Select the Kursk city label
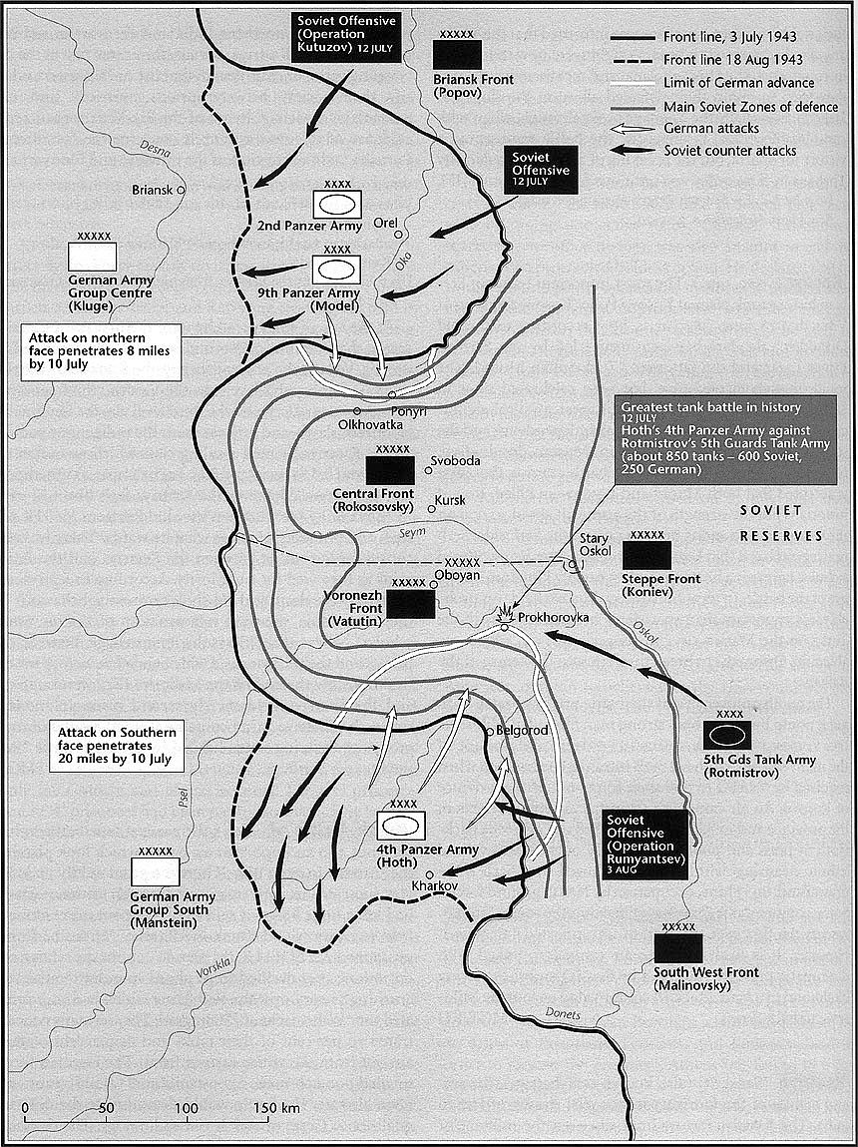click(x=450, y=499)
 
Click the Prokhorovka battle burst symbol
click(x=507, y=614)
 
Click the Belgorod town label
click(x=523, y=731)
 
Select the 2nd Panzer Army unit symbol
click(x=338, y=204)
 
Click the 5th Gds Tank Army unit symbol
click(x=727, y=734)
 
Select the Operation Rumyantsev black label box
click(x=644, y=845)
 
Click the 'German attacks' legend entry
click(x=710, y=128)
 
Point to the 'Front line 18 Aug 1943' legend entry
click(x=732, y=60)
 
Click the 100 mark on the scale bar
click(x=187, y=1108)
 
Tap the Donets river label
click(x=564, y=1014)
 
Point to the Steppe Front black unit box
click(x=646, y=556)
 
